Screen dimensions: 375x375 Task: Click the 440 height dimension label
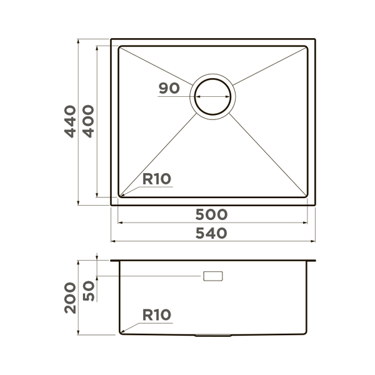point(70,121)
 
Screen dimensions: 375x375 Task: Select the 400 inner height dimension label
point(88,121)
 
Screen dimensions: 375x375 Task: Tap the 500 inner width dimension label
point(211,214)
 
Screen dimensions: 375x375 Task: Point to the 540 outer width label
point(211,233)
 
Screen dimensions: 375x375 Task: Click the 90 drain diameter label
point(169,88)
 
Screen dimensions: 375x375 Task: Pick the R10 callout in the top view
point(157,179)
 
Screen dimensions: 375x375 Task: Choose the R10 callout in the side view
point(157,315)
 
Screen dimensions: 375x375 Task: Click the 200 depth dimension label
point(70,298)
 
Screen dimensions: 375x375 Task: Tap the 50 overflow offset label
point(89,291)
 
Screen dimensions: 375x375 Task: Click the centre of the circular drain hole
point(212,97)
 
